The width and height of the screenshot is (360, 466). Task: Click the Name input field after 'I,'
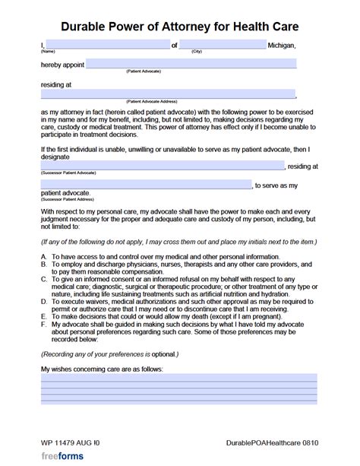(106, 45)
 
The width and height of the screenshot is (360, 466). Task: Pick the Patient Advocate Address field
(167, 94)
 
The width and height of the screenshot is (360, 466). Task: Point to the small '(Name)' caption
(48, 52)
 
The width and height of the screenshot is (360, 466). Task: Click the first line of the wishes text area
(178, 377)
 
